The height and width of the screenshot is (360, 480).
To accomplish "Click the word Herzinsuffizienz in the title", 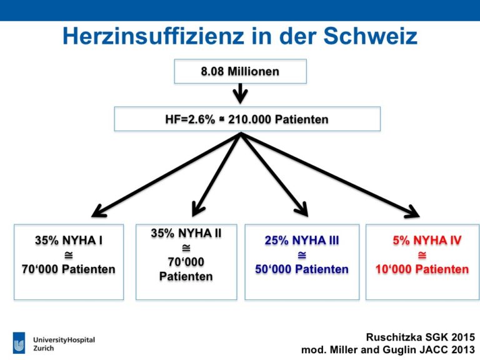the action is (x=153, y=36).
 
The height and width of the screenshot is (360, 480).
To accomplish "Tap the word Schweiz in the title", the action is (x=371, y=36).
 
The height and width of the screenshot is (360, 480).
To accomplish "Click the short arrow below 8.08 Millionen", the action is (x=240, y=93).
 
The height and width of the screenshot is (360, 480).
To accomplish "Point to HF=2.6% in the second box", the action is (x=190, y=119).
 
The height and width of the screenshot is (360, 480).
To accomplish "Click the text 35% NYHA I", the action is (x=69, y=240).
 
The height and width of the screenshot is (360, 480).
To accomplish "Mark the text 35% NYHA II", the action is (x=186, y=233).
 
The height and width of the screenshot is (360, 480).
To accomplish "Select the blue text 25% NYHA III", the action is (x=302, y=240).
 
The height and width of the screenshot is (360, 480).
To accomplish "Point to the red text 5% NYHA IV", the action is (x=427, y=240).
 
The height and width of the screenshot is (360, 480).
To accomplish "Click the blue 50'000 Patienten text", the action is (x=302, y=269).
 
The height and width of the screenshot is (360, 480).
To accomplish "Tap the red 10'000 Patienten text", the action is (x=422, y=269).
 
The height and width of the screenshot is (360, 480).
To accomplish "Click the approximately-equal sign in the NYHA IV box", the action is (x=422, y=255).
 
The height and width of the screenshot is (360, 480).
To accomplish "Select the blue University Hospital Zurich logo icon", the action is (x=19, y=343).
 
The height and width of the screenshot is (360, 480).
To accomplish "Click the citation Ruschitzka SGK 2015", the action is (x=421, y=337).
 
